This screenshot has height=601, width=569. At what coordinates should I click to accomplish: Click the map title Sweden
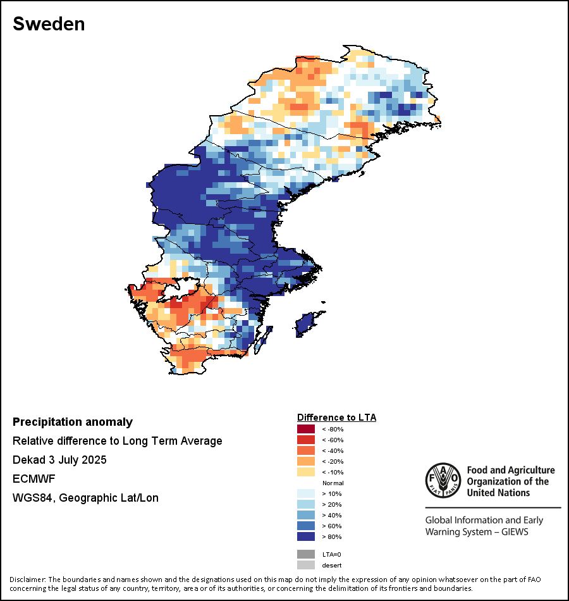49,24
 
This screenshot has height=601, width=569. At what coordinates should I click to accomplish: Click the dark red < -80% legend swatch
306,429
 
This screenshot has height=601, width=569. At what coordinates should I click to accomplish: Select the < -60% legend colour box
306,440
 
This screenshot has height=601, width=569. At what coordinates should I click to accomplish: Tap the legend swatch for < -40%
306,450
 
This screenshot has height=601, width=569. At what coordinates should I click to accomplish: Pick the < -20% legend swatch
306,461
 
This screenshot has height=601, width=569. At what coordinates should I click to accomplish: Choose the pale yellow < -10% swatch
306,472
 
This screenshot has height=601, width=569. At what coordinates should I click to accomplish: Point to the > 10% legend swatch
306,493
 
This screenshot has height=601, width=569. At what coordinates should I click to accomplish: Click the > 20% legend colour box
306,504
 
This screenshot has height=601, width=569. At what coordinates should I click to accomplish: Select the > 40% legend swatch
306,515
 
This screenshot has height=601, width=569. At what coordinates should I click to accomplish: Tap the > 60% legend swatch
306,526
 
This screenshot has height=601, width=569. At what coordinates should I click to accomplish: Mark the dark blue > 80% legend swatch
306,536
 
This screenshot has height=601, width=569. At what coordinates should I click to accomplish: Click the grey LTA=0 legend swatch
306,554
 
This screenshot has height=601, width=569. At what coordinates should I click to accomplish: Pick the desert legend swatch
306,565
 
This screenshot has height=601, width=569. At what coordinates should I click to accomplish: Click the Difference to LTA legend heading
336,418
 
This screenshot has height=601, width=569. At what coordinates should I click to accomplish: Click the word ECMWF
32,479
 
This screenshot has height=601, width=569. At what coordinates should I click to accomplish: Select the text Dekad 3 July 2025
59,460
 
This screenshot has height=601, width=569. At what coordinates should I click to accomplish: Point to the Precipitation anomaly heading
73,422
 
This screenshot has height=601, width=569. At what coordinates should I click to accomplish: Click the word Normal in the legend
333,483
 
